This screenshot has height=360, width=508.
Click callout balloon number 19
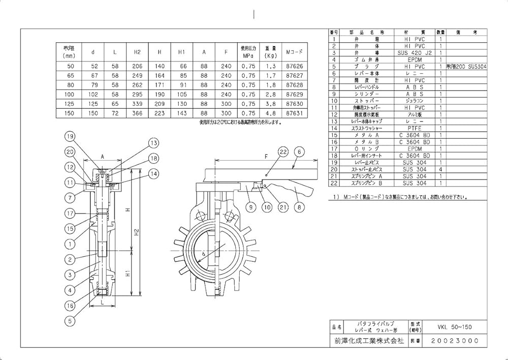[70, 136]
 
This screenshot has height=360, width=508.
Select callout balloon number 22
[283, 151]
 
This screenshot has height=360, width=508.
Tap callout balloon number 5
[70, 321]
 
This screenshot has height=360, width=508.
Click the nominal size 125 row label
[70, 104]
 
